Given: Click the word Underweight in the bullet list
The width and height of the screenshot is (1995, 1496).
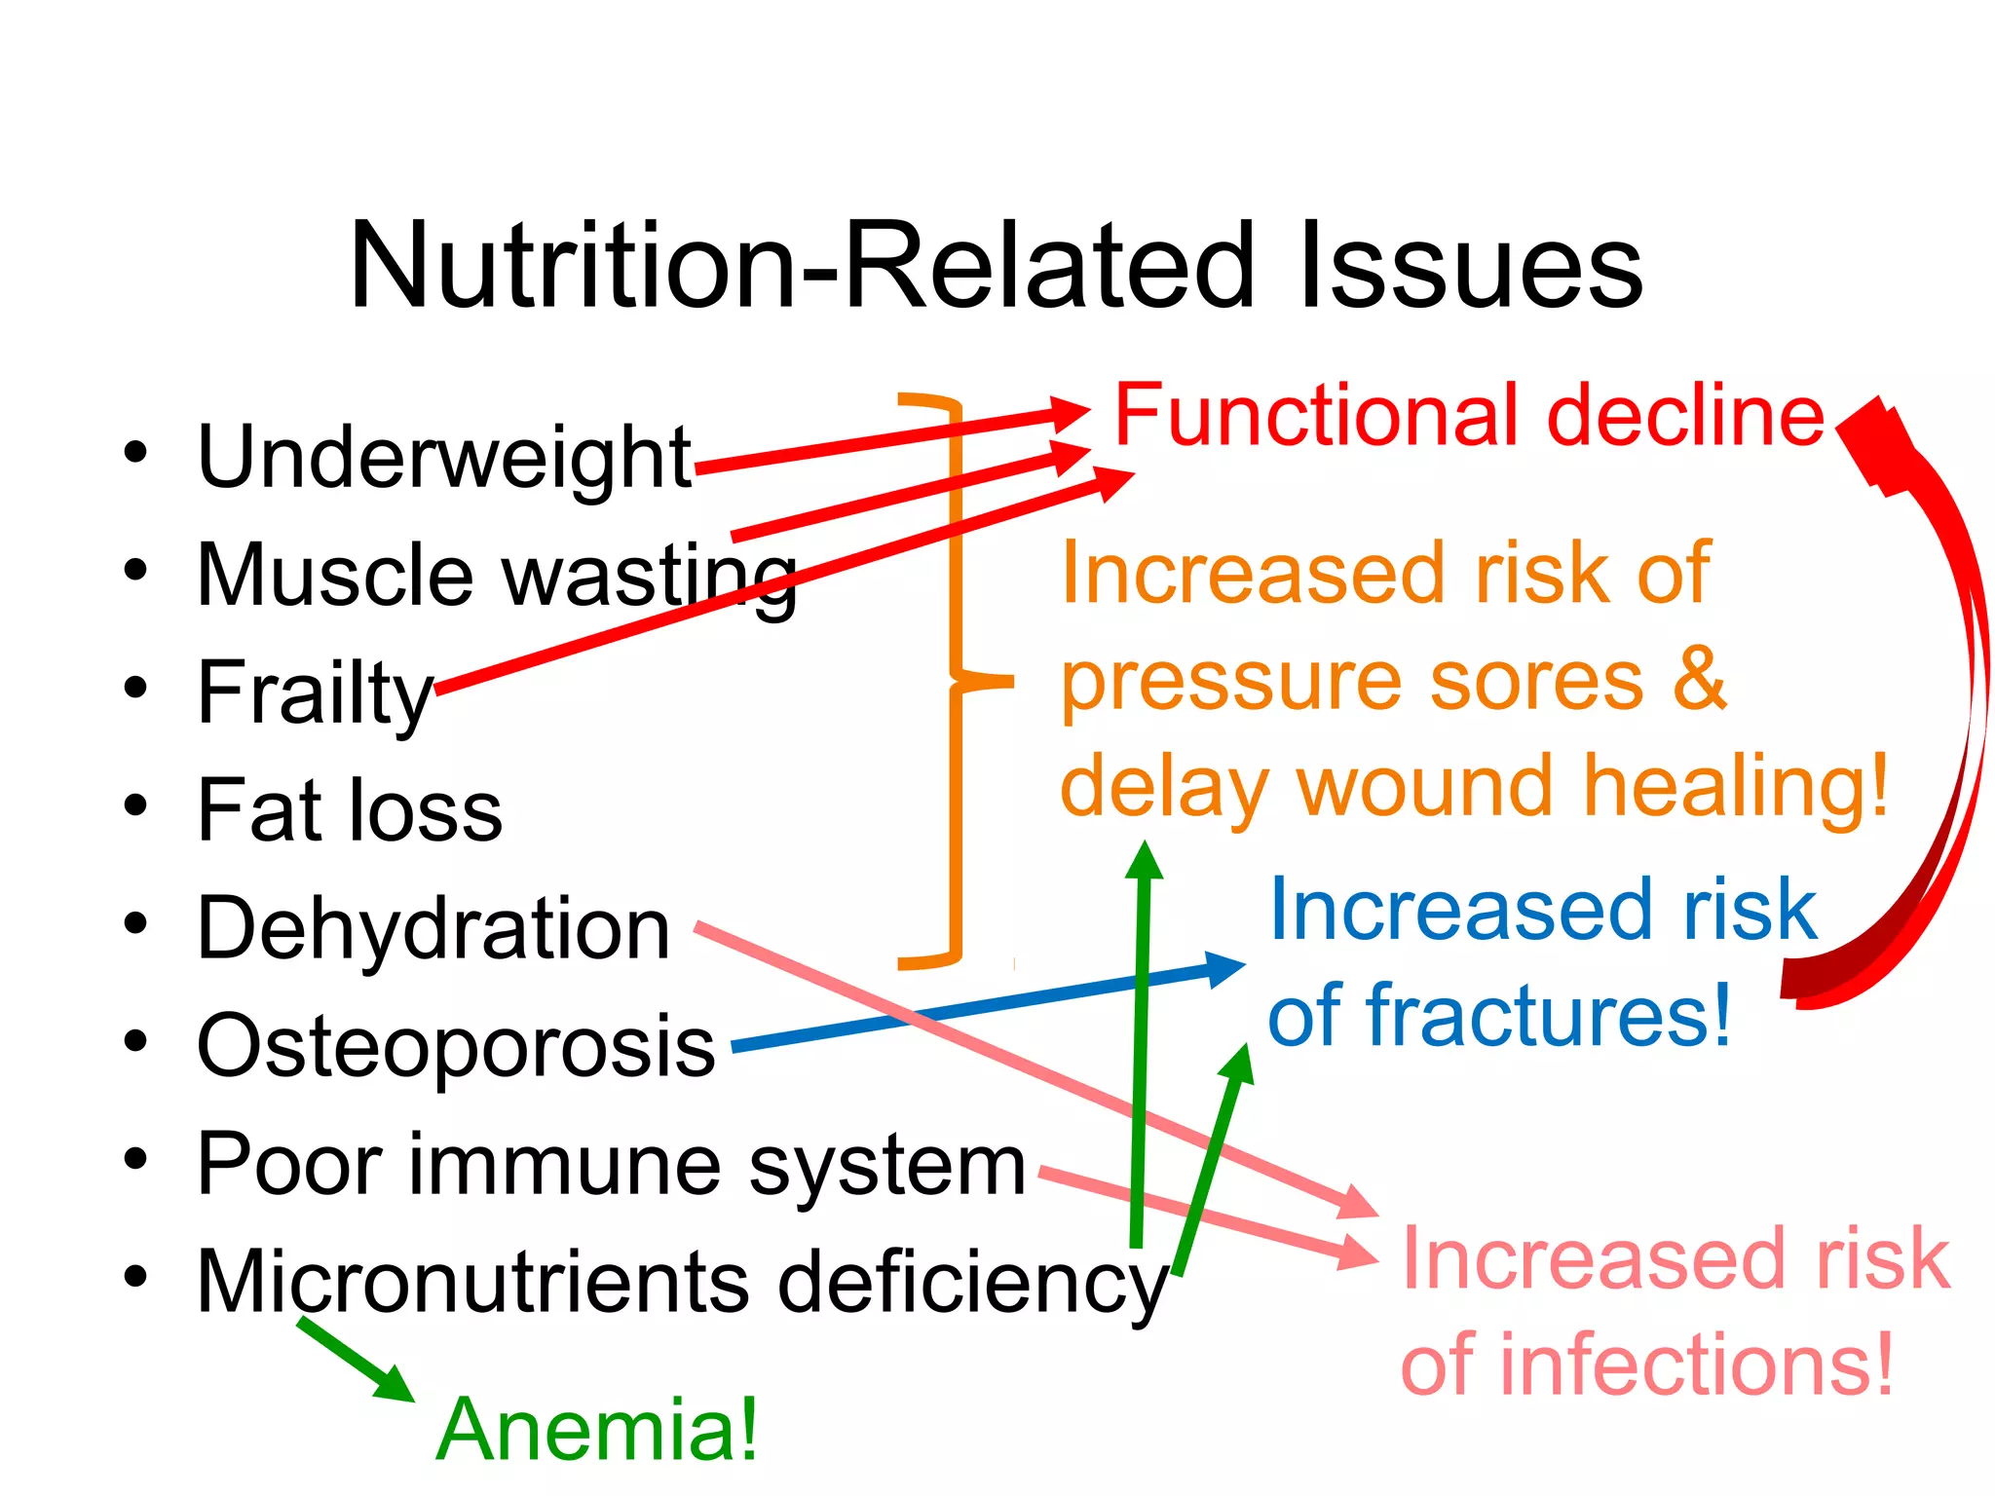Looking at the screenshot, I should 444,458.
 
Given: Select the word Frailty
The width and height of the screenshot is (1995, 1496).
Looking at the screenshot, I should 315,693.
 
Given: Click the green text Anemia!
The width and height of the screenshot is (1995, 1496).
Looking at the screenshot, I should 597,1430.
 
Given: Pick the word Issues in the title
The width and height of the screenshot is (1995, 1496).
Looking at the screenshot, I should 1471,265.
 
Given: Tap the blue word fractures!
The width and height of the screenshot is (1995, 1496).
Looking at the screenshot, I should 1549,1016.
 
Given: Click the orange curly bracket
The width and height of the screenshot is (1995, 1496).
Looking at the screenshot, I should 956,682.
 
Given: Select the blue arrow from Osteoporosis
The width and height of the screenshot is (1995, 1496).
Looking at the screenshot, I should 984,1007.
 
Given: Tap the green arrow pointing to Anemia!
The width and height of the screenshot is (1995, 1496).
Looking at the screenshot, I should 356,1361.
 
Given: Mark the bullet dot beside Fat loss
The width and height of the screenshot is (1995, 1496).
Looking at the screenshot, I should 135,806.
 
